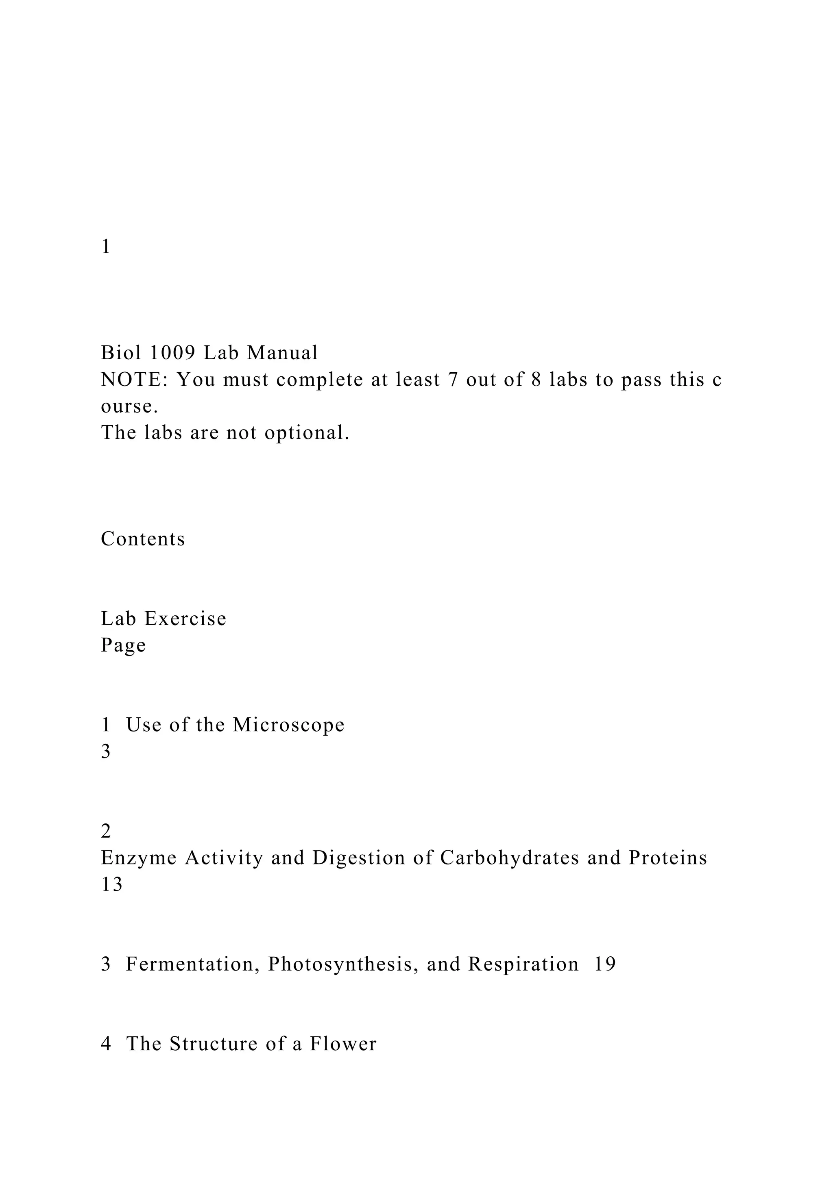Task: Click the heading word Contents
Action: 143,539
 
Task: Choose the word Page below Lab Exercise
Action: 123,645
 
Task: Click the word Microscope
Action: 288,725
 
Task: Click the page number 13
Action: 112,884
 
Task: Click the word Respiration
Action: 523,964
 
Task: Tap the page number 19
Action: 605,964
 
